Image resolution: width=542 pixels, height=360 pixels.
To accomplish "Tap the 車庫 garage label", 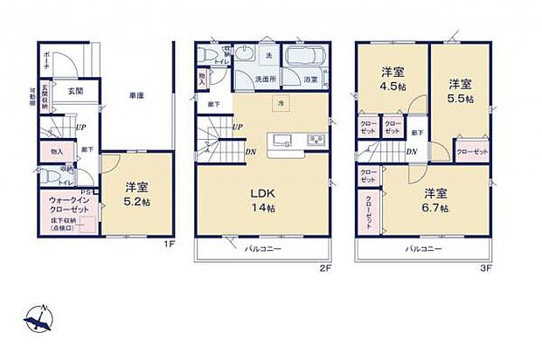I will click(135, 95).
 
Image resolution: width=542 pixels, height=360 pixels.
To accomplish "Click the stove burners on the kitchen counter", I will click(316, 141).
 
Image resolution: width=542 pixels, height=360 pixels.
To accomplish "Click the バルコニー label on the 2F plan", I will click(262, 248).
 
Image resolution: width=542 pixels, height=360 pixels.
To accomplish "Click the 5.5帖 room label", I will click(462, 91).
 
